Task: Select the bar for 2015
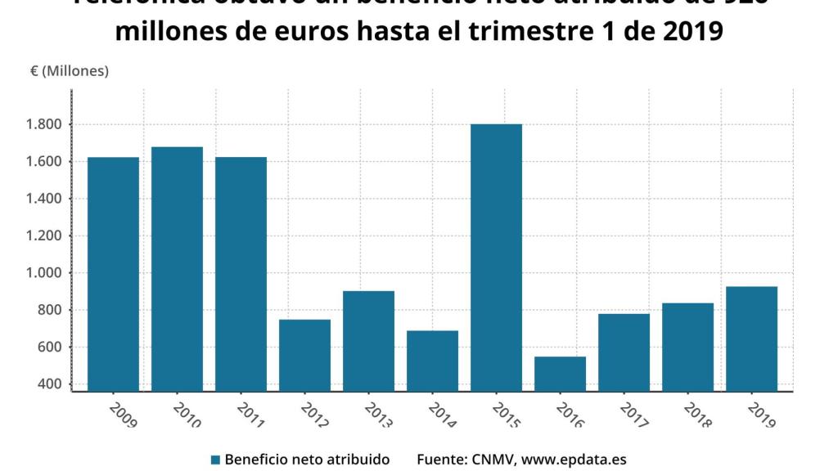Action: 496,258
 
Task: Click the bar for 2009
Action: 113,274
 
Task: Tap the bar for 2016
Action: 560,374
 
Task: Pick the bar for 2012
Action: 304,355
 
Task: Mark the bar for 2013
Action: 368,341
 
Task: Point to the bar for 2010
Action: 177,269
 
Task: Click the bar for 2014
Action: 432,361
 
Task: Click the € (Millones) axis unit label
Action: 70,71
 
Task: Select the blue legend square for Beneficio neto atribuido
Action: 215,460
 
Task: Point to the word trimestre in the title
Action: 546,31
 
